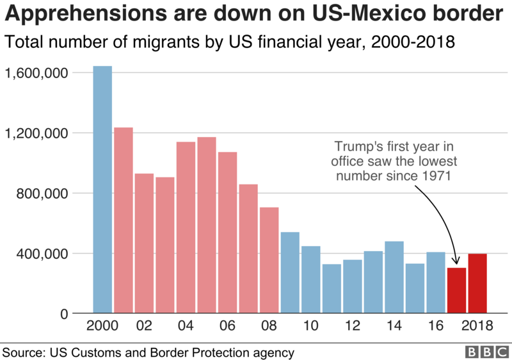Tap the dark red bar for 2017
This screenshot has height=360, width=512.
[456, 291]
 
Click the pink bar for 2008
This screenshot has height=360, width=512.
[269, 260]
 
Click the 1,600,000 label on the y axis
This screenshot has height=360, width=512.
[36, 73]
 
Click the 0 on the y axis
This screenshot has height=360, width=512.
[64, 314]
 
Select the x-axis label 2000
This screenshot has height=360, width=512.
[102, 326]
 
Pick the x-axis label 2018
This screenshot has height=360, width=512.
[477, 326]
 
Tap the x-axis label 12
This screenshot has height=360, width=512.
[352, 326]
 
